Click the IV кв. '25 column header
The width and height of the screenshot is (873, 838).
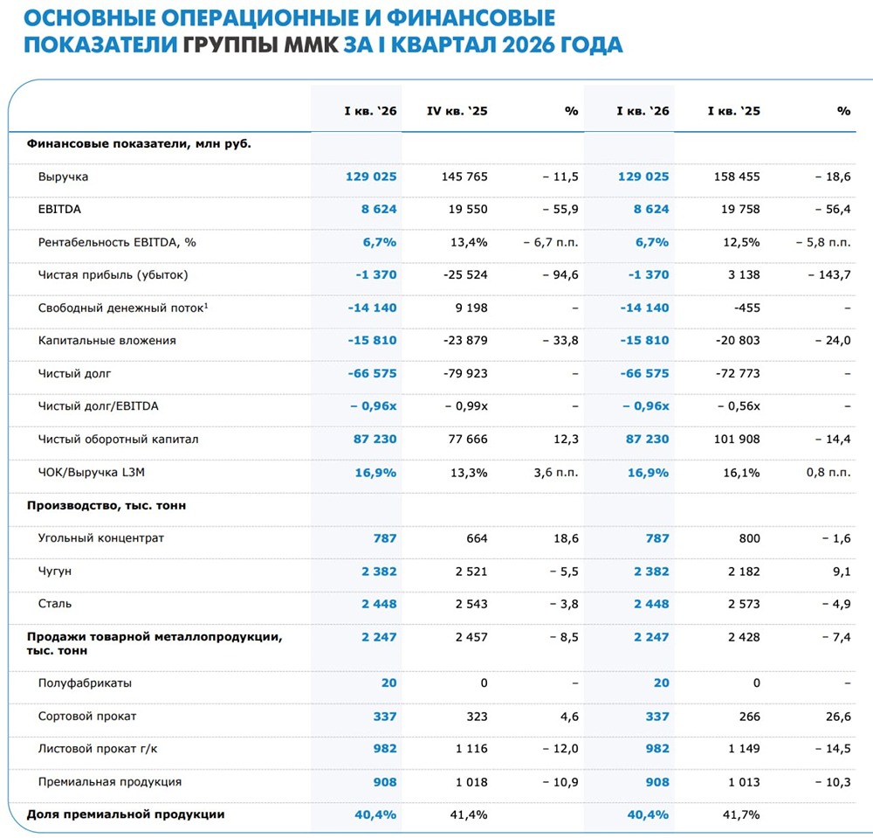457,111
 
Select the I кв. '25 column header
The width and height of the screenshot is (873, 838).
733,111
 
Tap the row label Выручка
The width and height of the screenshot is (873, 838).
63,177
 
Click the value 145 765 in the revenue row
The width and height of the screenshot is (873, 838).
464,177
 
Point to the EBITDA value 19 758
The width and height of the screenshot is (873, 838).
737,210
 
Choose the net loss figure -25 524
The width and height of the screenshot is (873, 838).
464,275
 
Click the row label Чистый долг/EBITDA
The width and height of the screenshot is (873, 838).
98,406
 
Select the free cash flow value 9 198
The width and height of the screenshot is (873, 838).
471,308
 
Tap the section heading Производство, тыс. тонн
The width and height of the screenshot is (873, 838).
107,505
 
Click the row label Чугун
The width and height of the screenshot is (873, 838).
54,571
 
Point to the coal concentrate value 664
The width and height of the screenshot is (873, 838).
478,538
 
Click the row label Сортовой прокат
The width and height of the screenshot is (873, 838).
87,716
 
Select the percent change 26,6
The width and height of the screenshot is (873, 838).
835,716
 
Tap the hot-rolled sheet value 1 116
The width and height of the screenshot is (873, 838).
471,749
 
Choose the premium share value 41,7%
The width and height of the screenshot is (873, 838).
742,814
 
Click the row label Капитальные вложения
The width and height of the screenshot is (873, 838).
107,341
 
